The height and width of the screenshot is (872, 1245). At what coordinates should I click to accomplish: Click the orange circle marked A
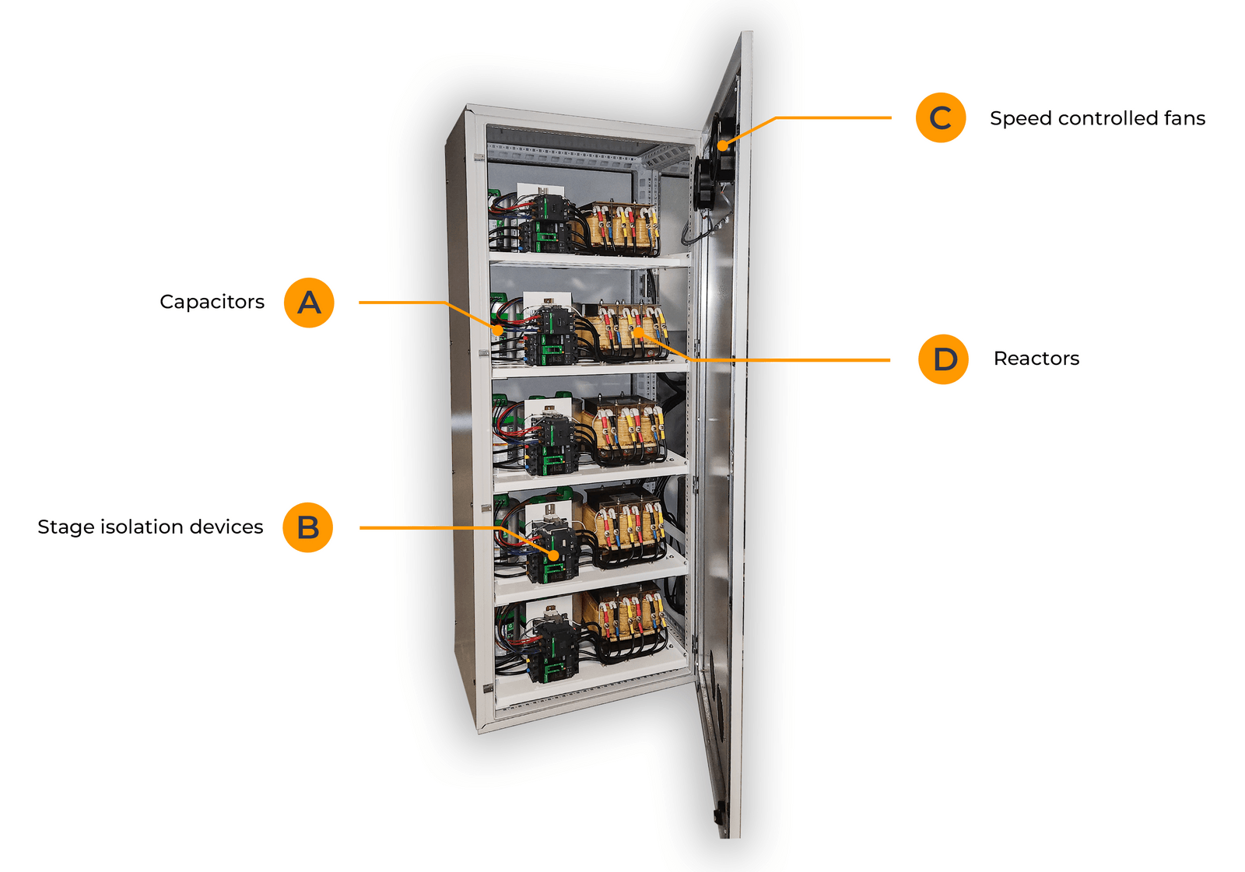(x=309, y=303)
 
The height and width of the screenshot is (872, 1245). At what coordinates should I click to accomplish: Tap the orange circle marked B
(x=308, y=527)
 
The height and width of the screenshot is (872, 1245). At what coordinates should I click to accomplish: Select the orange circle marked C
(x=941, y=118)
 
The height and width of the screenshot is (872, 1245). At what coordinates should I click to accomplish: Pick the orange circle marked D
(x=944, y=359)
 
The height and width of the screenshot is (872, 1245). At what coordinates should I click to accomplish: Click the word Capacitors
(x=212, y=302)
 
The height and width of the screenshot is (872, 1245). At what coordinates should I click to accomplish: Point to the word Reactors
(x=1036, y=359)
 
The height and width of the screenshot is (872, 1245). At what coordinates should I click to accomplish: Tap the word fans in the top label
(x=1184, y=118)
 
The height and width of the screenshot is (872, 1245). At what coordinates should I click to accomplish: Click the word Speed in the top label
(x=1020, y=119)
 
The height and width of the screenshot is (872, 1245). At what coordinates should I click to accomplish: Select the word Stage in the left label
(x=61, y=527)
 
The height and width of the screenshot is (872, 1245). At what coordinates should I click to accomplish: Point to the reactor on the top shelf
(x=622, y=227)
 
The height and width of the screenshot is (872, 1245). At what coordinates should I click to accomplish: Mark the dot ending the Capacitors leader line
(x=499, y=331)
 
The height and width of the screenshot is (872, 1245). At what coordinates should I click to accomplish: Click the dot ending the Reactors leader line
(x=637, y=332)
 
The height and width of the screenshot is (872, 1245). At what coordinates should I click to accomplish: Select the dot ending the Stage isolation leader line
(x=553, y=556)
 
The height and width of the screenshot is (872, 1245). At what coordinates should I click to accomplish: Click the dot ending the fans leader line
(x=722, y=145)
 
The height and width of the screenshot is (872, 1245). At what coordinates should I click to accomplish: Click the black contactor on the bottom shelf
(x=554, y=650)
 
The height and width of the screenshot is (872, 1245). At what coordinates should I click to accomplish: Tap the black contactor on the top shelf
(x=550, y=222)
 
